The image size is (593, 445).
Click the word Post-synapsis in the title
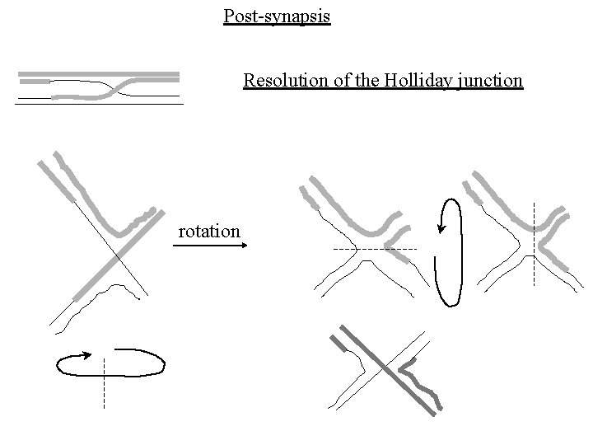tap(277, 16)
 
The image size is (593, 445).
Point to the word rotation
tap(209, 232)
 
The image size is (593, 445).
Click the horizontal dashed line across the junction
tap(375, 248)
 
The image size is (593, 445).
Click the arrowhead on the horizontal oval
tap(82, 356)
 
